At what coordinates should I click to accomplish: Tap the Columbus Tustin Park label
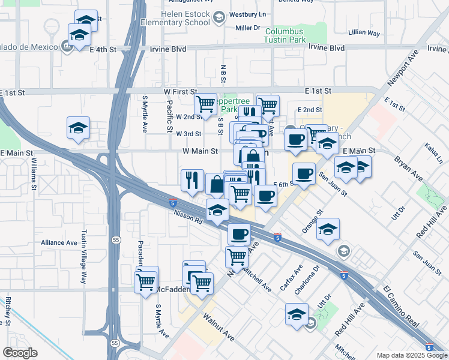point(284,35)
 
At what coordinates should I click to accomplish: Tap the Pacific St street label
point(170,117)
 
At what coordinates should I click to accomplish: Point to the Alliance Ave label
point(59,243)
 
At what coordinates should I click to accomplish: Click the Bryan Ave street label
point(408,169)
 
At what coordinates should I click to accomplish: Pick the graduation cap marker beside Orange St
point(328,229)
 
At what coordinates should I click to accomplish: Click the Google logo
point(20,353)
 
